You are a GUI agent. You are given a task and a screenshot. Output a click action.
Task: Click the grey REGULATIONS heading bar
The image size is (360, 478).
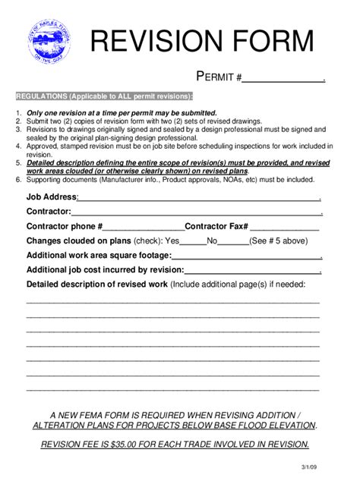(105, 97)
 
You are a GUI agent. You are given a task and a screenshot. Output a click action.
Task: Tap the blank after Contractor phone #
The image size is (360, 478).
(144, 226)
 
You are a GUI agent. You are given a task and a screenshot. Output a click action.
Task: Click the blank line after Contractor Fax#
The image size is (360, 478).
(284, 226)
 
